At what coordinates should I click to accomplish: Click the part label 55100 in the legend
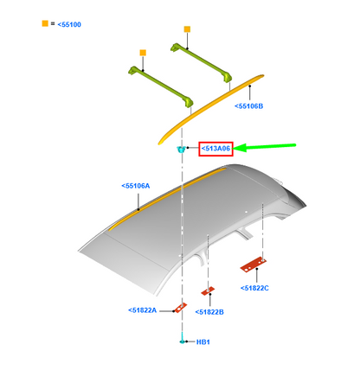(x=69, y=24)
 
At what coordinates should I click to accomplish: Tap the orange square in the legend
(x=45, y=23)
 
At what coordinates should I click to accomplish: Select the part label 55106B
(x=248, y=106)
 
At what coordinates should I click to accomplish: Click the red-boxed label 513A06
(x=215, y=149)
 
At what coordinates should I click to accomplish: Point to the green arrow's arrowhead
(x=239, y=148)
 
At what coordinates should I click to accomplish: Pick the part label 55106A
(x=136, y=186)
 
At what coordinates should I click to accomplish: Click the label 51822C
(x=254, y=288)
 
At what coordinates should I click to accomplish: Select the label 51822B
(x=209, y=312)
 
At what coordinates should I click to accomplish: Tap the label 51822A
(x=142, y=310)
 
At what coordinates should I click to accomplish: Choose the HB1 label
(x=203, y=342)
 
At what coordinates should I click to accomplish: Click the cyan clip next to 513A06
(x=181, y=150)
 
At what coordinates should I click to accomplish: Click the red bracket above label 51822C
(x=254, y=265)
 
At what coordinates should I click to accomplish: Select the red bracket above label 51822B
(x=208, y=290)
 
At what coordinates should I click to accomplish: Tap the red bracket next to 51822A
(x=180, y=308)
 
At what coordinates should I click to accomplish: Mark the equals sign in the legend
(x=53, y=23)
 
